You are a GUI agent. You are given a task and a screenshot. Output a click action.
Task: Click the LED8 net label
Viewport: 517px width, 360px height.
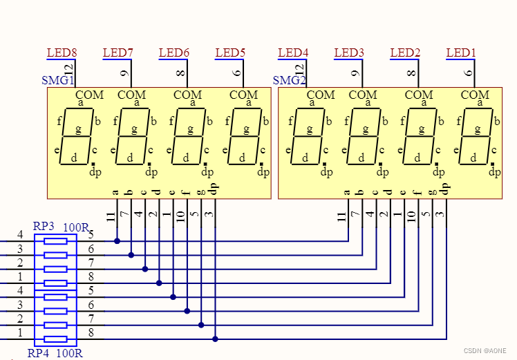62,53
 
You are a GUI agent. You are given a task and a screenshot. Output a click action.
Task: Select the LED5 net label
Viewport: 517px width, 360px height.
230,53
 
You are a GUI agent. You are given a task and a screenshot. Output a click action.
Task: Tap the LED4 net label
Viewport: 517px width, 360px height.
293,53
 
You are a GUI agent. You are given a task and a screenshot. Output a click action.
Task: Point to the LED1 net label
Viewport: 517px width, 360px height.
461,53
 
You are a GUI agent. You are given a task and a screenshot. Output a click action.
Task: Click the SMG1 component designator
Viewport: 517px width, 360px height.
58,81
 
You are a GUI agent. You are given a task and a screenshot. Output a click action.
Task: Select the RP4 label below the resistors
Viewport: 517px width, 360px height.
39,354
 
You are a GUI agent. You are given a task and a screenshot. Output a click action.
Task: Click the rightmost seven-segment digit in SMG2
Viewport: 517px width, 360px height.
475,136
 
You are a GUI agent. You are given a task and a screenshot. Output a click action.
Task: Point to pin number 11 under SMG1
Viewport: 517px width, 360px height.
111,217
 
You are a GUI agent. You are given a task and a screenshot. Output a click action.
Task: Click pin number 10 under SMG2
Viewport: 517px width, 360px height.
411,217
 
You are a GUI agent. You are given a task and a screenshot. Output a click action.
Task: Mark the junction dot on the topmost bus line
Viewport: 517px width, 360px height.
117,241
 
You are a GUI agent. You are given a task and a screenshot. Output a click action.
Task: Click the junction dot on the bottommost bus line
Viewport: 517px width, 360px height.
215,339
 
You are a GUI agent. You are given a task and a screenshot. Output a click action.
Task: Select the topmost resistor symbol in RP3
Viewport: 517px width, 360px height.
55,241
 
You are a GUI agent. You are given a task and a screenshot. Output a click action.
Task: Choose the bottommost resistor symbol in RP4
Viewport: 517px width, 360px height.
55,339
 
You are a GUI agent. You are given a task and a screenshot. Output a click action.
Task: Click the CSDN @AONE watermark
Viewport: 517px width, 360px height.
486,351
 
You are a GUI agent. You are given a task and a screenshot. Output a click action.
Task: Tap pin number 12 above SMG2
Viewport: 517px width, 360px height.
299,70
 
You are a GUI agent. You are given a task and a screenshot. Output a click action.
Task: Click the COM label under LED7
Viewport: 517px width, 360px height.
131,95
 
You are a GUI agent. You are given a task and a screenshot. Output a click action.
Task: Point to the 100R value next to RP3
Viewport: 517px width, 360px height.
75,227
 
